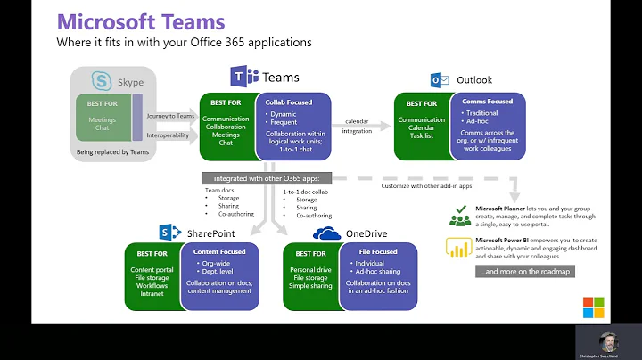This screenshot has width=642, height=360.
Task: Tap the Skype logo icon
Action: [103, 81]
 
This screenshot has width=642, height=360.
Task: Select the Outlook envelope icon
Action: [440, 80]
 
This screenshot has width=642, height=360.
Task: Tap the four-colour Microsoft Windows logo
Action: [593, 307]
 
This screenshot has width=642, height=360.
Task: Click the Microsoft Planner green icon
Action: [460, 215]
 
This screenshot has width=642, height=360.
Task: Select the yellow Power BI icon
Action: [459, 246]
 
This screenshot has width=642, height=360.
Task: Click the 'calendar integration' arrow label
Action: [358, 126]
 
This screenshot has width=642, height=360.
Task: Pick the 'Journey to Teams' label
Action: [169, 115]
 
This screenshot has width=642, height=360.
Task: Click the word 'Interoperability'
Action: [169, 136]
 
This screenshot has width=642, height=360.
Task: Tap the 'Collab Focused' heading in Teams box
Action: [289, 102]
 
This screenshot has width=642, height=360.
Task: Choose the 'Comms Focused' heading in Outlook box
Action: [488, 102]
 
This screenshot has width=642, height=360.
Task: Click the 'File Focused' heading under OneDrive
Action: [375, 252]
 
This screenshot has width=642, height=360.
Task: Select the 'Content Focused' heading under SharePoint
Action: [219, 252]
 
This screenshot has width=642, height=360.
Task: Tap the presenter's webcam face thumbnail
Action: [608, 340]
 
